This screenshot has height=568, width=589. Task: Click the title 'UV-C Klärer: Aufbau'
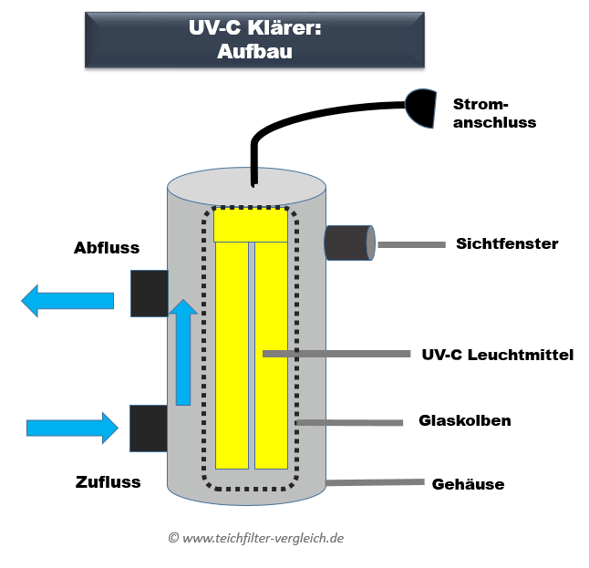click(x=254, y=40)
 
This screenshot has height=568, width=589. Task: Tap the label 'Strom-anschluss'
click(x=494, y=113)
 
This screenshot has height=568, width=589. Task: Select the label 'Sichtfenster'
click(x=507, y=243)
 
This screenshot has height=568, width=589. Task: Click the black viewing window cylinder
click(x=348, y=243)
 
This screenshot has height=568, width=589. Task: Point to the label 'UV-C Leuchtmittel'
click(x=498, y=355)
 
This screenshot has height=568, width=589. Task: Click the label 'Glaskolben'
click(x=465, y=421)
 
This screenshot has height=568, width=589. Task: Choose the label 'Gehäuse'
click(x=468, y=484)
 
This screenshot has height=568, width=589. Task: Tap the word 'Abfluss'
click(x=106, y=249)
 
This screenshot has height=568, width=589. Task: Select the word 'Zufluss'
click(x=108, y=481)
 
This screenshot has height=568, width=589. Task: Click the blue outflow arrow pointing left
click(x=67, y=300)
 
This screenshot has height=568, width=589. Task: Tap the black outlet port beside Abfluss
click(x=149, y=293)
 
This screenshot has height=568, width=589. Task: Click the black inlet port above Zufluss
click(x=148, y=429)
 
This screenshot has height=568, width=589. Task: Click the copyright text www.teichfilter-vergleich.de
click(x=255, y=538)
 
